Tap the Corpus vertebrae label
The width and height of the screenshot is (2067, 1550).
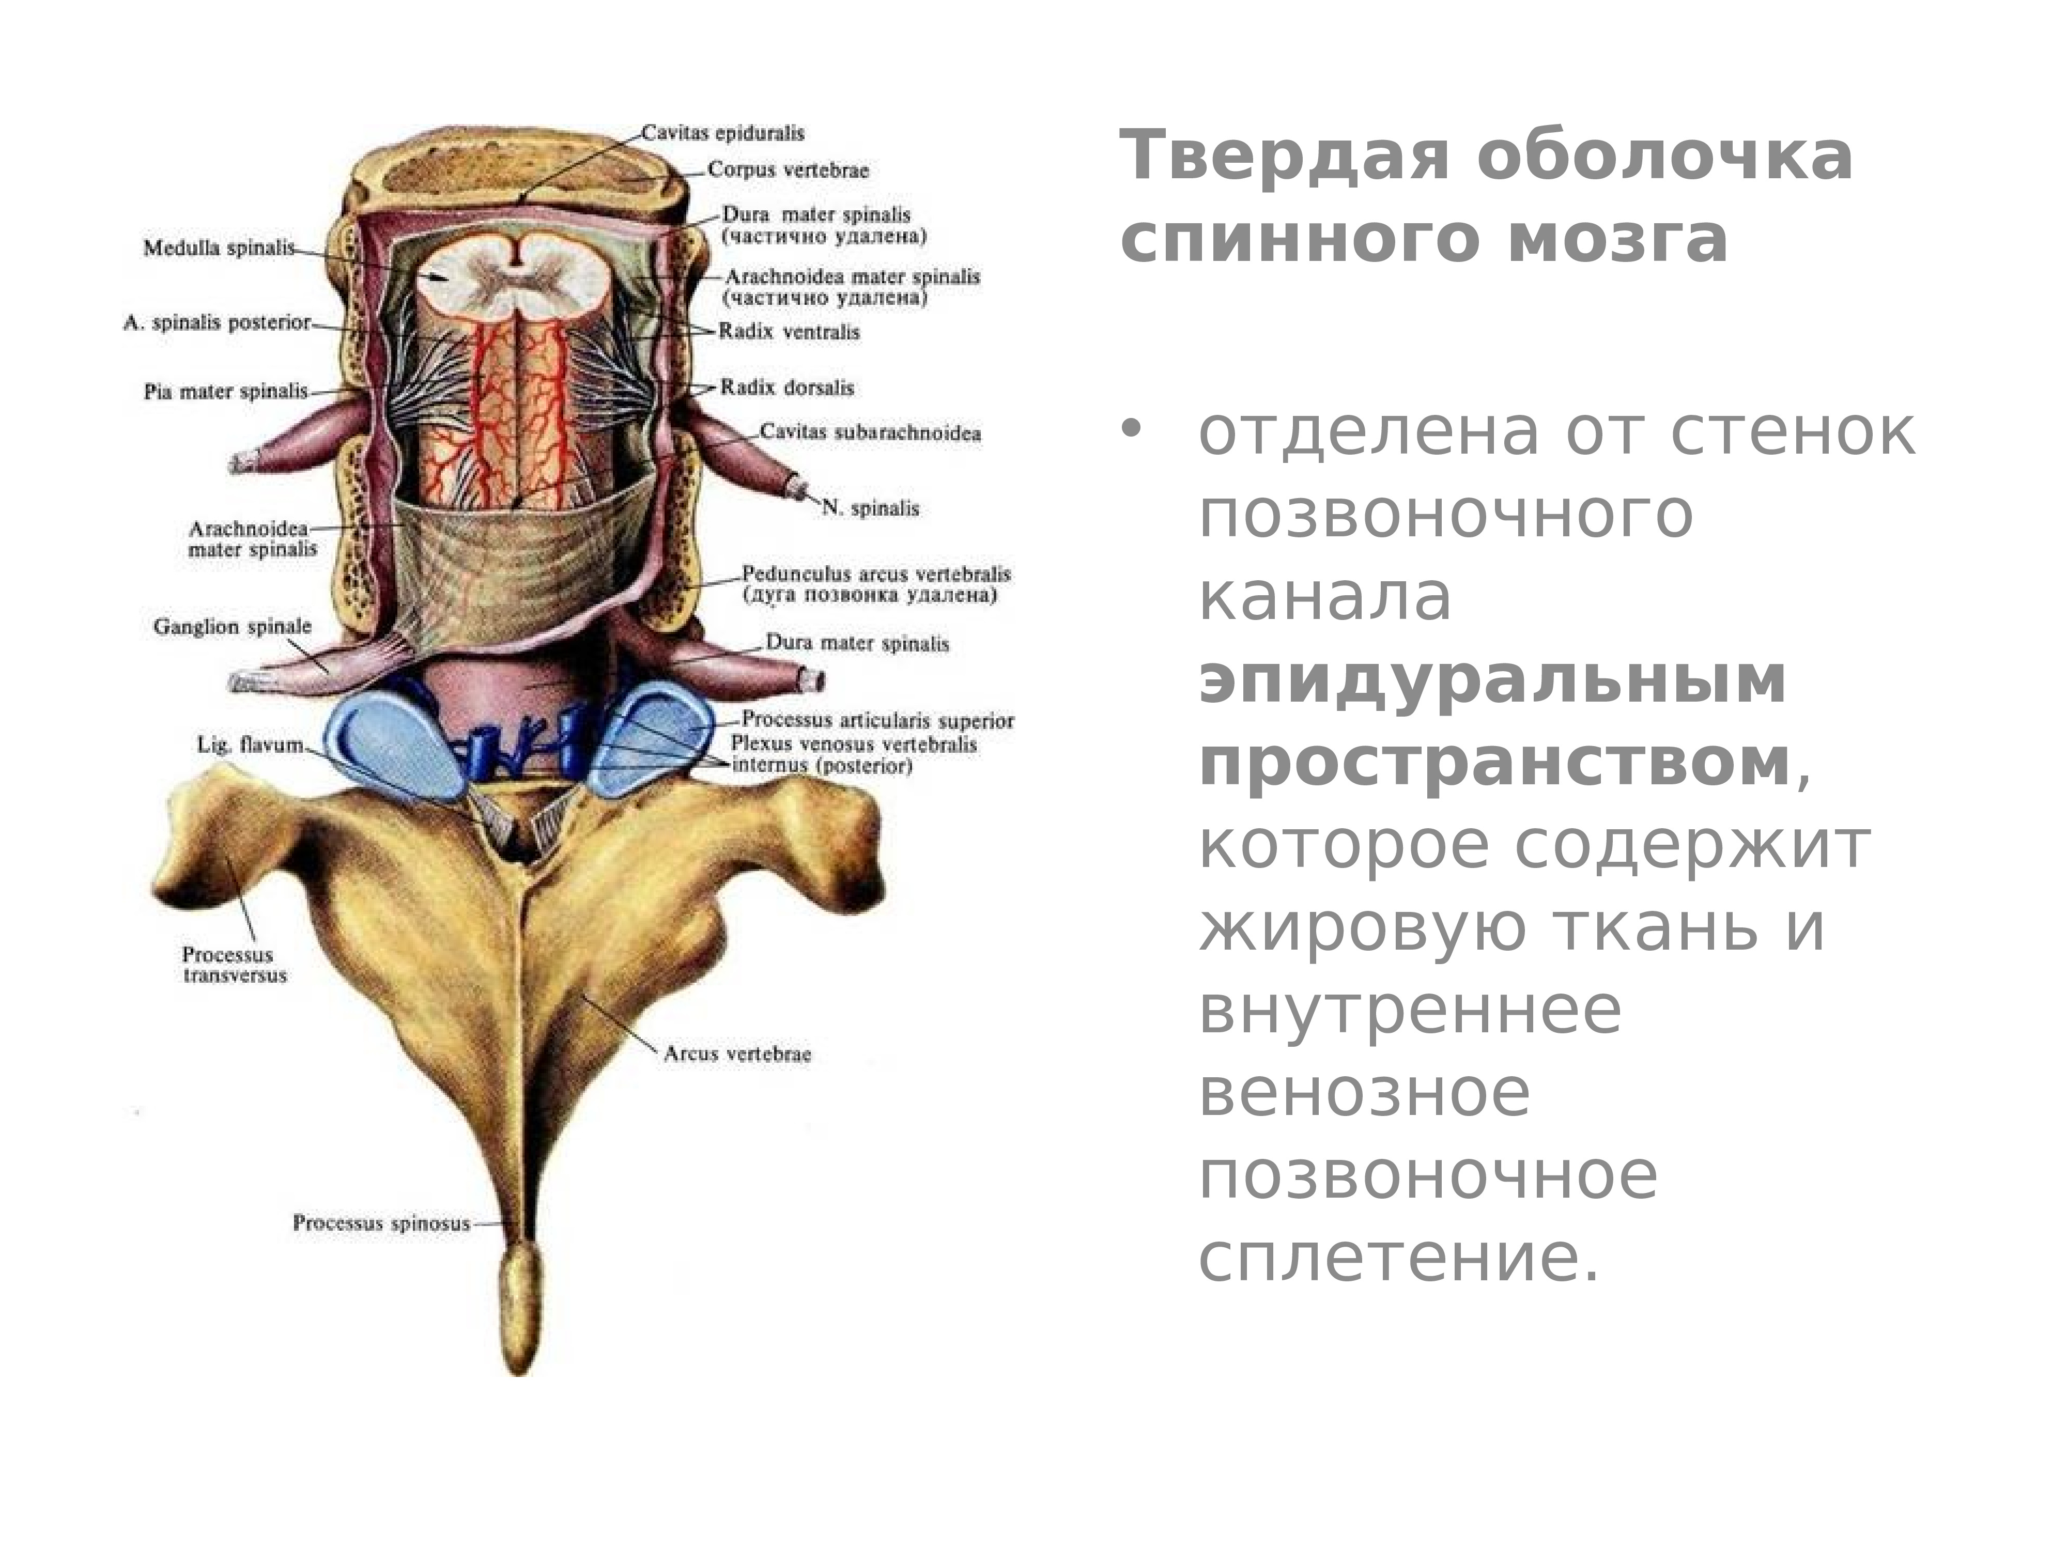[x=788, y=170]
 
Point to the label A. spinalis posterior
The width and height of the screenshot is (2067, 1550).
[x=217, y=323]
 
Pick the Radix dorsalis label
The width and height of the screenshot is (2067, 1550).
[x=787, y=387]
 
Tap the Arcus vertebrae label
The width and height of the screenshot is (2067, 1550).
[x=737, y=1054]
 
